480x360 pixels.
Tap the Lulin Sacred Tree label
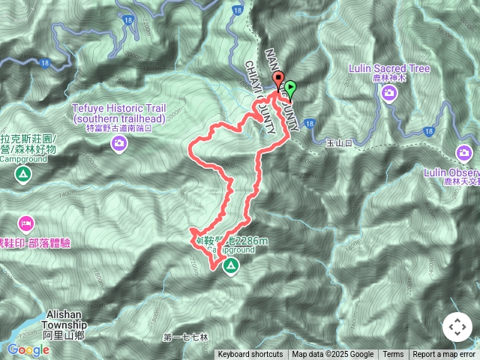(389, 69)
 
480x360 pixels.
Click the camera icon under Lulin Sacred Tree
(389, 93)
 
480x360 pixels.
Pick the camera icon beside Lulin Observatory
(465, 154)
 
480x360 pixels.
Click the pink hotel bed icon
(25, 223)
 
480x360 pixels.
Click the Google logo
(28, 349)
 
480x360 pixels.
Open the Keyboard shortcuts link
(250, 355)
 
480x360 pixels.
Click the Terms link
(393, 355)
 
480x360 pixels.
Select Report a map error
(445, 355)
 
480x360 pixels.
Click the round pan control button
(457, 327)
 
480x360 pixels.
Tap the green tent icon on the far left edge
(23, 175)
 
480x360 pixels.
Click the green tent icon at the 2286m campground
(230, 265)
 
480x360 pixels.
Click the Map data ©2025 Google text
(332, 355)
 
